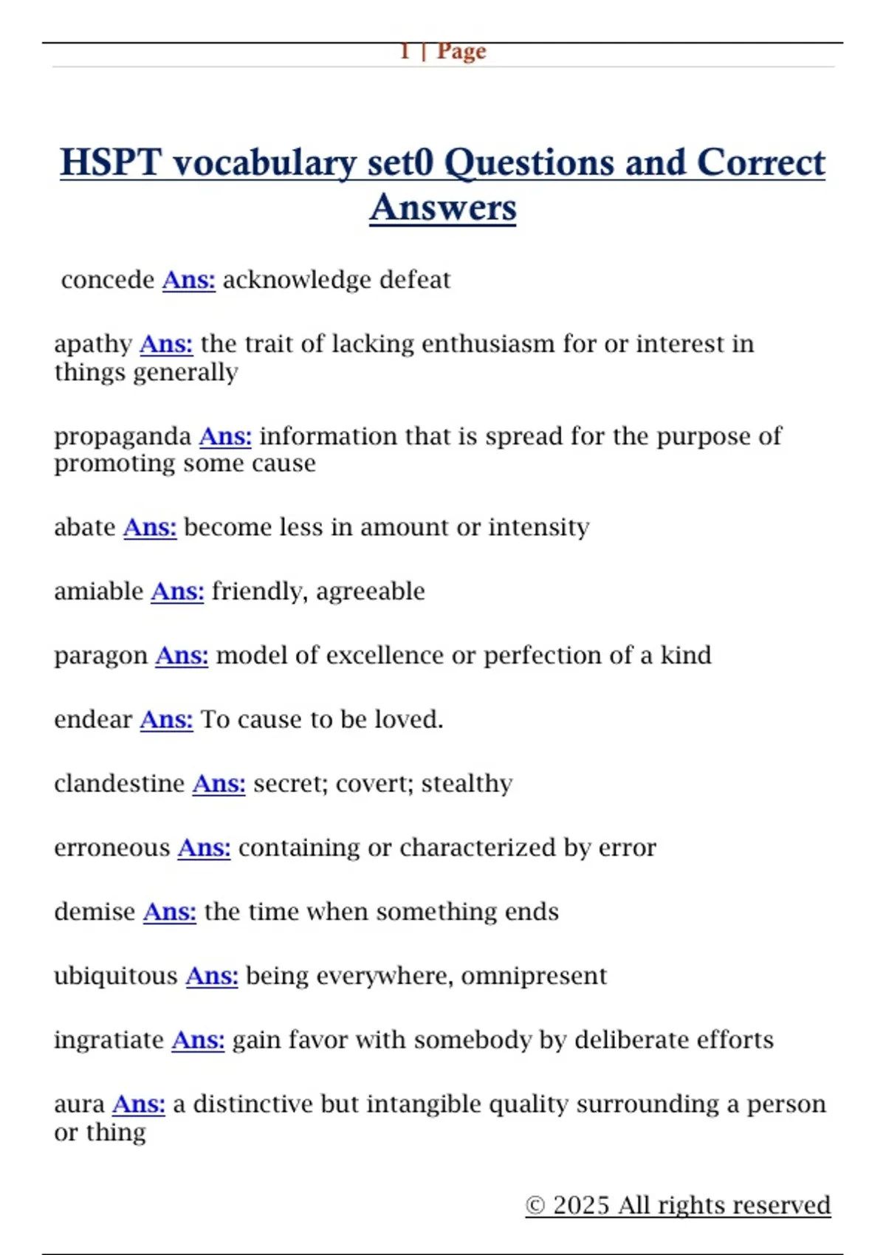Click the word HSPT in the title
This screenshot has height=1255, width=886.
click(110, 162)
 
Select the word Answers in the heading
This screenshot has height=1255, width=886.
click(443, 207)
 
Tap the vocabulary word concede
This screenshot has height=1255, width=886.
click(108, 280)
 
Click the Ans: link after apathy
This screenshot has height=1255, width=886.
click(166, 344)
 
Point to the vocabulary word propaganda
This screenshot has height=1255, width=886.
click(123, 437)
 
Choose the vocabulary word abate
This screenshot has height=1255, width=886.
click(85, 527)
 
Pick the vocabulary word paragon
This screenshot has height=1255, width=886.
click(101, 656)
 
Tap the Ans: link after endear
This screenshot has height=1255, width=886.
click(166, 720)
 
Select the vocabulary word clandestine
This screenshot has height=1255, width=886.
click(120, 783)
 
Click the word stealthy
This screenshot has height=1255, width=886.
click(467, 783)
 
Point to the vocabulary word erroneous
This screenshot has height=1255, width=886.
click(112, 847)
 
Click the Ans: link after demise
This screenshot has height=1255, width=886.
click(169, 912)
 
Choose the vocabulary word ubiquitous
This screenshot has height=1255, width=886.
click(116, 976)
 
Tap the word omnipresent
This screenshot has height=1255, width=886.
click(534, 976)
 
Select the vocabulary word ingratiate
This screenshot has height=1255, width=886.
click(109, 1040)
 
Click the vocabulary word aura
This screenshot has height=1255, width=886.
click(80, 1104)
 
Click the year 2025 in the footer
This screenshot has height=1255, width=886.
click(581, 1205)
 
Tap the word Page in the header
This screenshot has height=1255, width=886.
click(461, 52)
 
